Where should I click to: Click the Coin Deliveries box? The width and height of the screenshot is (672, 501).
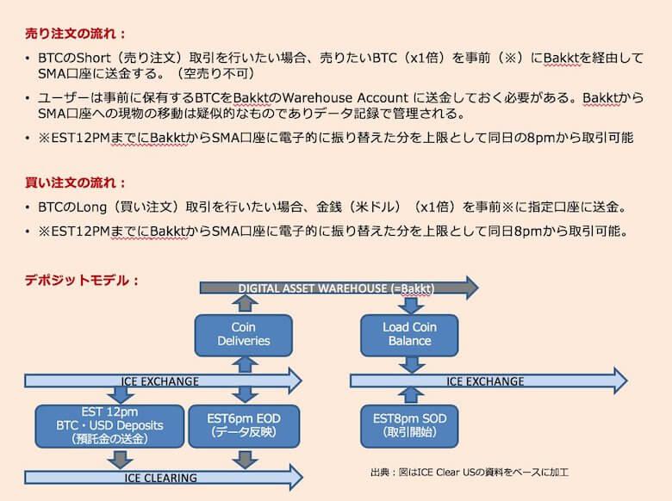point(244,335)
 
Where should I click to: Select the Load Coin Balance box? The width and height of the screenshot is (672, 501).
point(409,335)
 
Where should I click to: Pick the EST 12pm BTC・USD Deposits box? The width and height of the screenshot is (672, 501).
point(109,425)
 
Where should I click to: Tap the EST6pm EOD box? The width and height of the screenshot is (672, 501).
point(244,425)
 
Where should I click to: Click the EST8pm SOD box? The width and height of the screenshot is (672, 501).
point(409,425)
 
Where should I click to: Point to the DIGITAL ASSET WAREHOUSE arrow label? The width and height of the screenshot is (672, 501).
point(336,288)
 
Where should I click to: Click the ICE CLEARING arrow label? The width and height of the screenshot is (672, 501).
point(161,478)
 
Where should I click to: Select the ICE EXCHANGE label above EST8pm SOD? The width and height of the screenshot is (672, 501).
point(485,381)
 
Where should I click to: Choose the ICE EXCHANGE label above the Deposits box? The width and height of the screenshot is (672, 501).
point(160,381)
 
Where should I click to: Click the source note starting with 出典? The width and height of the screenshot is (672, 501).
point(470,473)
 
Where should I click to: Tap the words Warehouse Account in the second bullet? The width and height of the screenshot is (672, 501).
point(345,97)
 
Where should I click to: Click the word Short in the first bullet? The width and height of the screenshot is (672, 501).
point(93,58)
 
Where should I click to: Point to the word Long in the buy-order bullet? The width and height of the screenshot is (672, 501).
point(90,207)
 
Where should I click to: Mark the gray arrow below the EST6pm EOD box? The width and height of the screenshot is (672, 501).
point(245,460)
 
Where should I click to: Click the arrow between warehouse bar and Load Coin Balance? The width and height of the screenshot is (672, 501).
point(411,305)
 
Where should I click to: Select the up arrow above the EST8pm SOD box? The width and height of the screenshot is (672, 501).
point(411,395)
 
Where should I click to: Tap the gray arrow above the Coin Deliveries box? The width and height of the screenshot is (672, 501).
point(245,303)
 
